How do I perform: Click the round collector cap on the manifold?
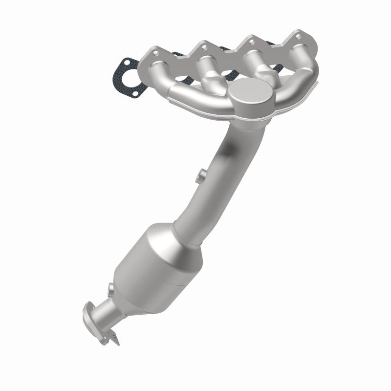[251, 95]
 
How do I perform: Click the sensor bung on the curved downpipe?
[200, 175]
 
